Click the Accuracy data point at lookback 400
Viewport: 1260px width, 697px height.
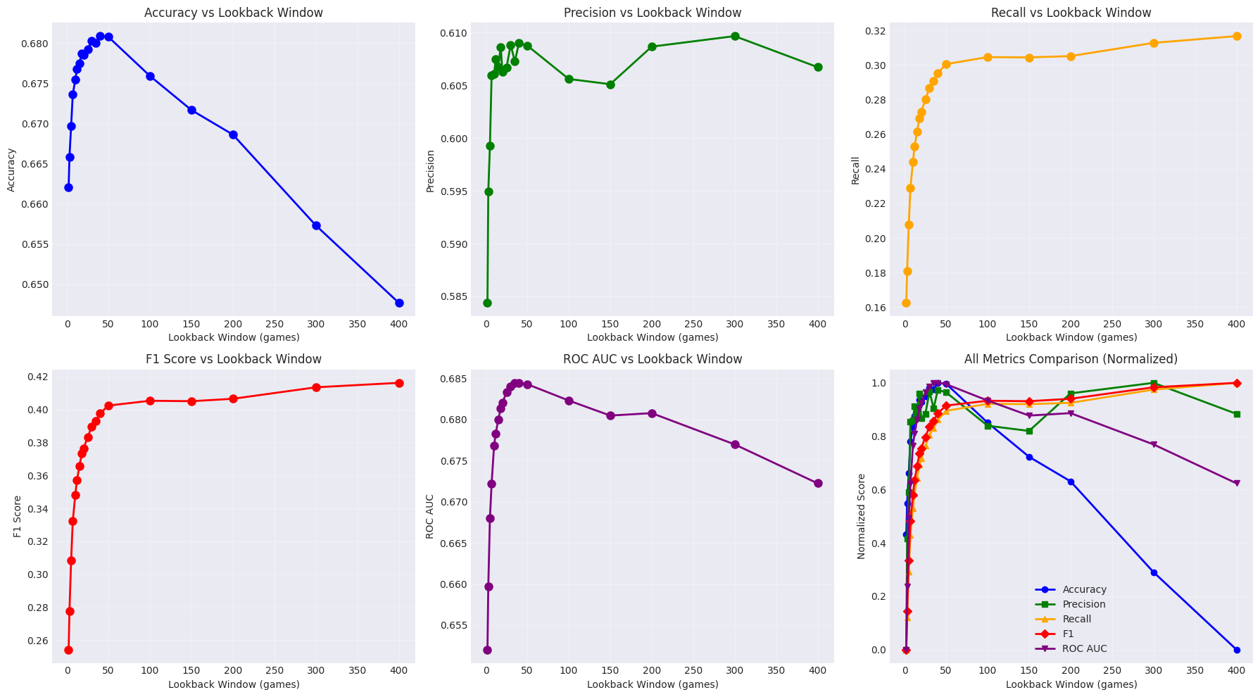point(399,303)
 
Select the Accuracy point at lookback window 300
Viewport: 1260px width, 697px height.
point(316,225)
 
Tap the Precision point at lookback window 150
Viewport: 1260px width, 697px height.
point(610,84)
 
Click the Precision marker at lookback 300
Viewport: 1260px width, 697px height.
point(735,36)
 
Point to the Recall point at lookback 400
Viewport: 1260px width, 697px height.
point(1237,36)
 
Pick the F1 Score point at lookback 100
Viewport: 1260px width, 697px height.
point(150,401)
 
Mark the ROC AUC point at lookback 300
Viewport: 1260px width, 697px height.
point(735,444)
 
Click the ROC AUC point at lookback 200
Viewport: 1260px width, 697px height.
point(652,413)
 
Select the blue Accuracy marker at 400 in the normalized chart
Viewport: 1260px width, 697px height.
point(1237,650)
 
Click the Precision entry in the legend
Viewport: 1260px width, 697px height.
point(1084,604)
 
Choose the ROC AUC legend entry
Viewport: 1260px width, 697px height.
point(1085,648)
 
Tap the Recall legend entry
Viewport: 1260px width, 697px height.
point(1077,619)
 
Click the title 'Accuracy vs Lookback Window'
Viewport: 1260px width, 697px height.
point(234,13)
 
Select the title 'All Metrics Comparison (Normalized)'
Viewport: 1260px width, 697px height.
point(1071,359)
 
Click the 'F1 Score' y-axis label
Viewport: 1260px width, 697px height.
point(17,516)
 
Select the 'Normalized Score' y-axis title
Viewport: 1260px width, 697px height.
point(862,516)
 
